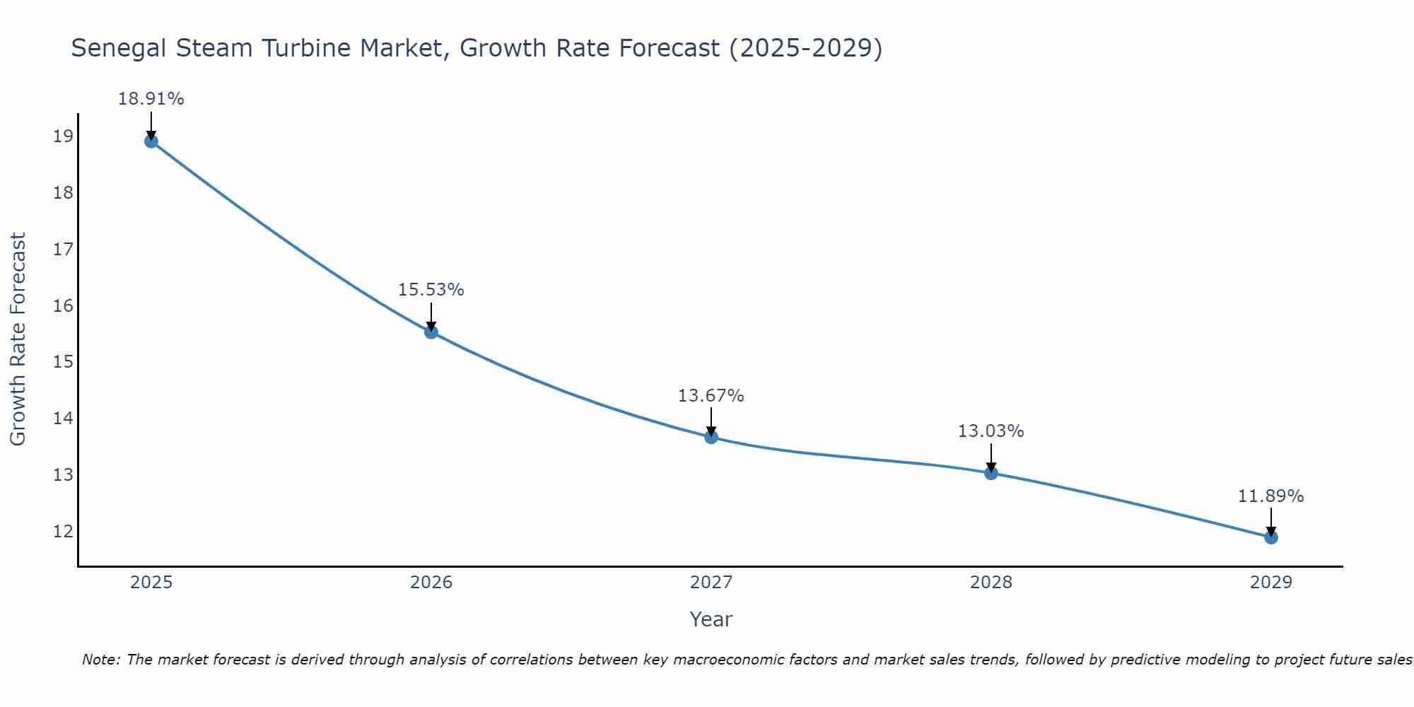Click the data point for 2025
pos(151,141)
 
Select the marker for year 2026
pos(431,332)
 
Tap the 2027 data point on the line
pos(711,437)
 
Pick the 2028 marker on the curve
pos(991,473)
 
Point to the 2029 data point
pos(1271,537)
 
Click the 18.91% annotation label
pos(151,99)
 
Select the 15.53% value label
pos(431,290)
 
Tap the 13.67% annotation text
pos(711,396)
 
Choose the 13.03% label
pos(991,431)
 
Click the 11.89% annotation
pos(1270,496)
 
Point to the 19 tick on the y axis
pos(63,136)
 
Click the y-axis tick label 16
pos(63,305)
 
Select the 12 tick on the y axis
pos(63,531)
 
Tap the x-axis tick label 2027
pos(711,583)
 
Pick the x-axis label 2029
pos(1271,583)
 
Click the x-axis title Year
pos(711,619)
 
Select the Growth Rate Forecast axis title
pos(18,339)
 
